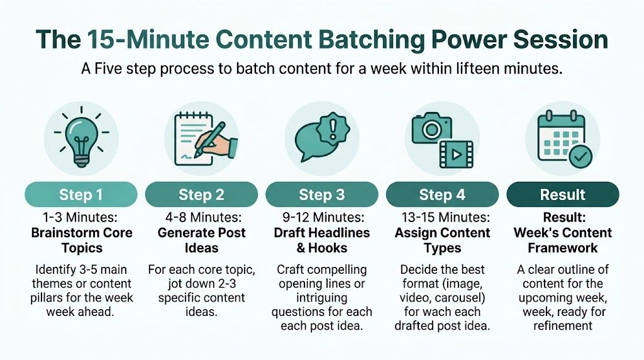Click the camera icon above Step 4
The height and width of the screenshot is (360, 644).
tap(432, 128)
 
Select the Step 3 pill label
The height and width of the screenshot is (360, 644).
tap(321, 194)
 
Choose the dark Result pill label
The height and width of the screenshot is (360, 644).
tap(562, 194)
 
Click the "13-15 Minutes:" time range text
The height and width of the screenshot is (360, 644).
tap(441, 218)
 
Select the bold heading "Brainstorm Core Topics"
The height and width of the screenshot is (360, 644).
tap(82, 240)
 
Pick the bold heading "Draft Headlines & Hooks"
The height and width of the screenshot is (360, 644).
tap(321, 240)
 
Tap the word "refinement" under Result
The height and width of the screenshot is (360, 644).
tap(562, 325)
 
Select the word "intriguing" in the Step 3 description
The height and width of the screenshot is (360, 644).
tap(321, 297)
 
